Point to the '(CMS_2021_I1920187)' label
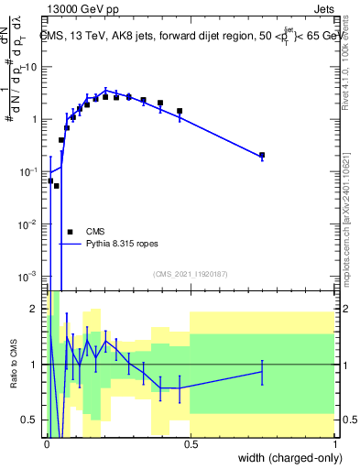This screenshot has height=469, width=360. [190, 274]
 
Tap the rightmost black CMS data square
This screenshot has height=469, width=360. [262, 156]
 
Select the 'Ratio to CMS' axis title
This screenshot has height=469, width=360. [14, 365]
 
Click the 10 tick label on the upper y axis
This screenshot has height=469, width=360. [32, 67]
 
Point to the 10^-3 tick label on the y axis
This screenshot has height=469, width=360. [28, 276]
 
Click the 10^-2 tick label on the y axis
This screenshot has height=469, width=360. [28, 224]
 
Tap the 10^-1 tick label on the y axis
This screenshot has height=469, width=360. [28, 171]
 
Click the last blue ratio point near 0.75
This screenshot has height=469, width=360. [262, 371]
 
